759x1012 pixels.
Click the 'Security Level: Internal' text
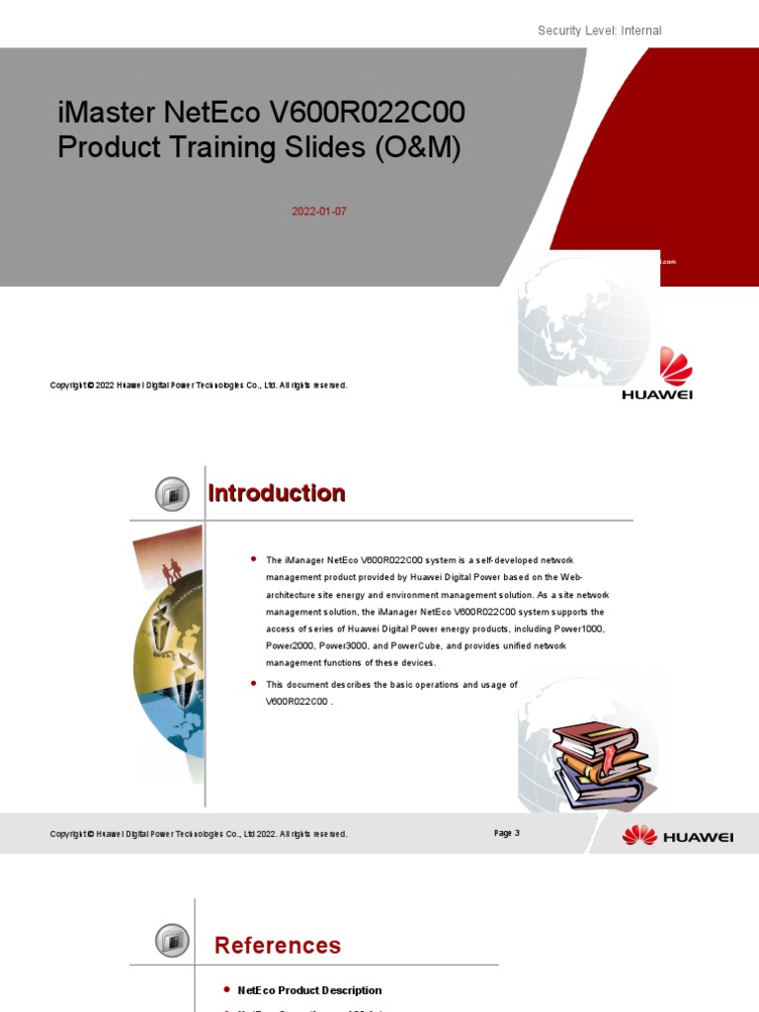(599, 31)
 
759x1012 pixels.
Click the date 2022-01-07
(311, 211)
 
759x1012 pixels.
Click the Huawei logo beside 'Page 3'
(677, 835)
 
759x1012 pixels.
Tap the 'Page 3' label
(506, 833)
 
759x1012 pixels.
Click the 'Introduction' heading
(277, 493)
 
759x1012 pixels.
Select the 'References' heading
(278, 945)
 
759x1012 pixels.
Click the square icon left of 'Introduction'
(172, 493)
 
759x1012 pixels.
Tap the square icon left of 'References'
(172, 939)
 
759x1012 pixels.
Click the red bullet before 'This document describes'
(254, 683)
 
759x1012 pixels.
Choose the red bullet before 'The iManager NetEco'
(254, 558)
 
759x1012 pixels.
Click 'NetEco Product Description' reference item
(309, 990)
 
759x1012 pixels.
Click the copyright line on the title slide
(199, 385)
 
